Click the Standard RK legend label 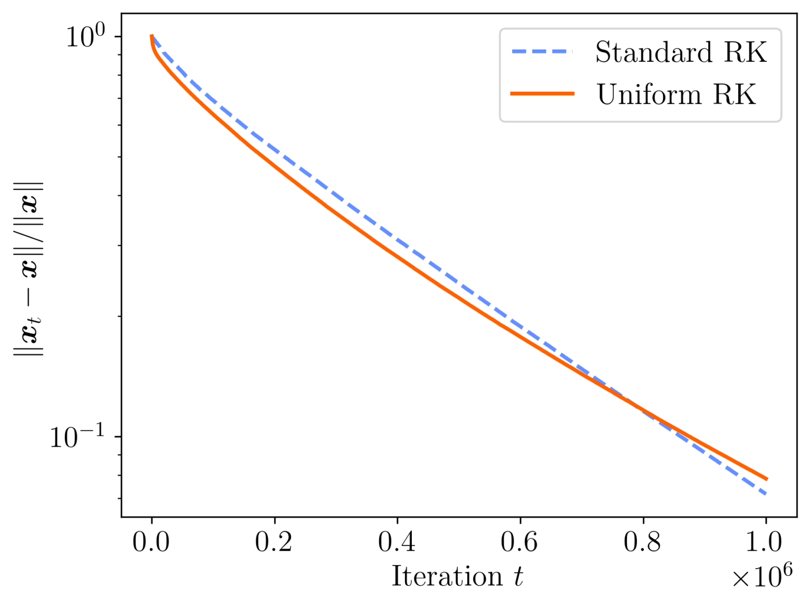coord(681,52)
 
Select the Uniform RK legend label coord(676,94)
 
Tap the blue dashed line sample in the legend coord(542,52)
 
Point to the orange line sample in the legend coord(542,94)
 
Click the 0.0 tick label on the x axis coord(151,542)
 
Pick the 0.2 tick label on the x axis coord(274,542)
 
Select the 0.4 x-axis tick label coord(397,542)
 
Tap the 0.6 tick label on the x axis coord(520,542)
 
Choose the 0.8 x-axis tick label coord(643,542)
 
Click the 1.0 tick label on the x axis coord(765,542)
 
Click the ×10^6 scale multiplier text coord(762,577)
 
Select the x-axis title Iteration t coord(457,576)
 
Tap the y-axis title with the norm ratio coord(28,269)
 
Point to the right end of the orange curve coord(767,479)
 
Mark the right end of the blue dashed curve coord(766,494)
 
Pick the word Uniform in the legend coord(649,94)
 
